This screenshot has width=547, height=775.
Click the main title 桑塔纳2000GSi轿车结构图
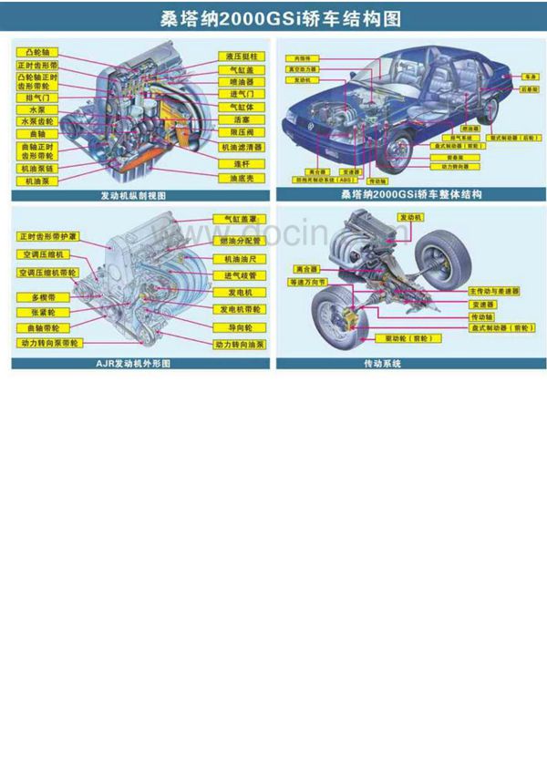[273, 18]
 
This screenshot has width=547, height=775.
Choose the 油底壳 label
[242, 178]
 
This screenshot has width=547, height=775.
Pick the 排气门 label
[37, 97]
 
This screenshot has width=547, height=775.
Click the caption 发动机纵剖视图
[139, 195]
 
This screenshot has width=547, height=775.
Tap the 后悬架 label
[528, 90]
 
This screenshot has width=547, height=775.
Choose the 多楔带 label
[43, 297]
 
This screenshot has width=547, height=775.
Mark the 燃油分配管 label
[241, 242]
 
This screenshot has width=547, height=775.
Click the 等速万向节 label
[308, 283]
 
